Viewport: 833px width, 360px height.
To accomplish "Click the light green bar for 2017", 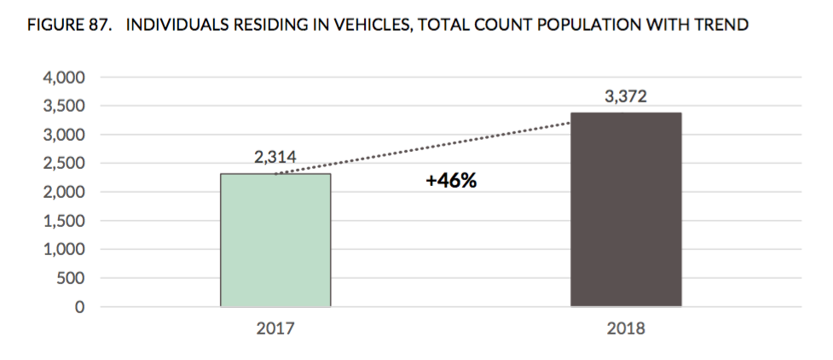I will click(x=275, y=240).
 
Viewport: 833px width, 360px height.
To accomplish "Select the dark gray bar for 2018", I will click(x=625, y=209).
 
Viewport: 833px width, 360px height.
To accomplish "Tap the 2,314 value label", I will click(x=275, y=158).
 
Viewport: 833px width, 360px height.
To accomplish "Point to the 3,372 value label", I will click(x=625, y=97).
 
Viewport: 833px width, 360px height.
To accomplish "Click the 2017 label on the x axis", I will click(x=275, y=328).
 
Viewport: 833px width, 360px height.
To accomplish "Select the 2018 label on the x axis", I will click(x=625, y=328).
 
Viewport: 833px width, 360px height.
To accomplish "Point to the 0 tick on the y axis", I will click(x=79, y=307).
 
